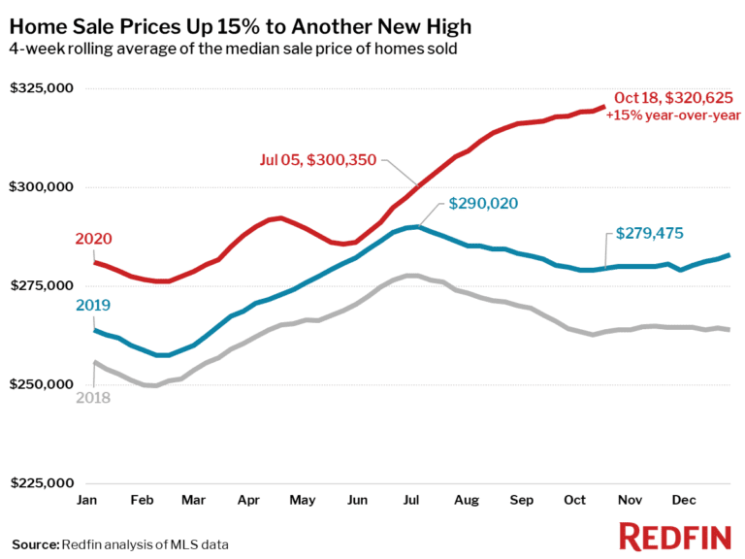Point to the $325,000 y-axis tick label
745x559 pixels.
click(42, 88)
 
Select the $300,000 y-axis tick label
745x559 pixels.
click(42, 187)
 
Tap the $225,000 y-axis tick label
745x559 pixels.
click(42, 483)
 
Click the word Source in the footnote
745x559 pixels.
click(34, 543)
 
